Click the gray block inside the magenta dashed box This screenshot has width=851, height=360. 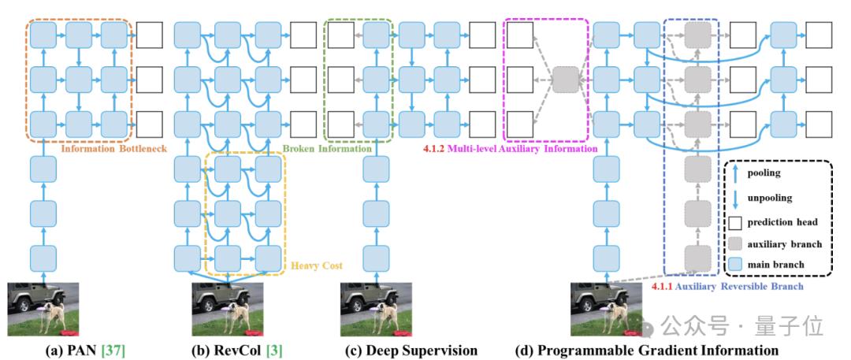[x=564, y=79]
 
